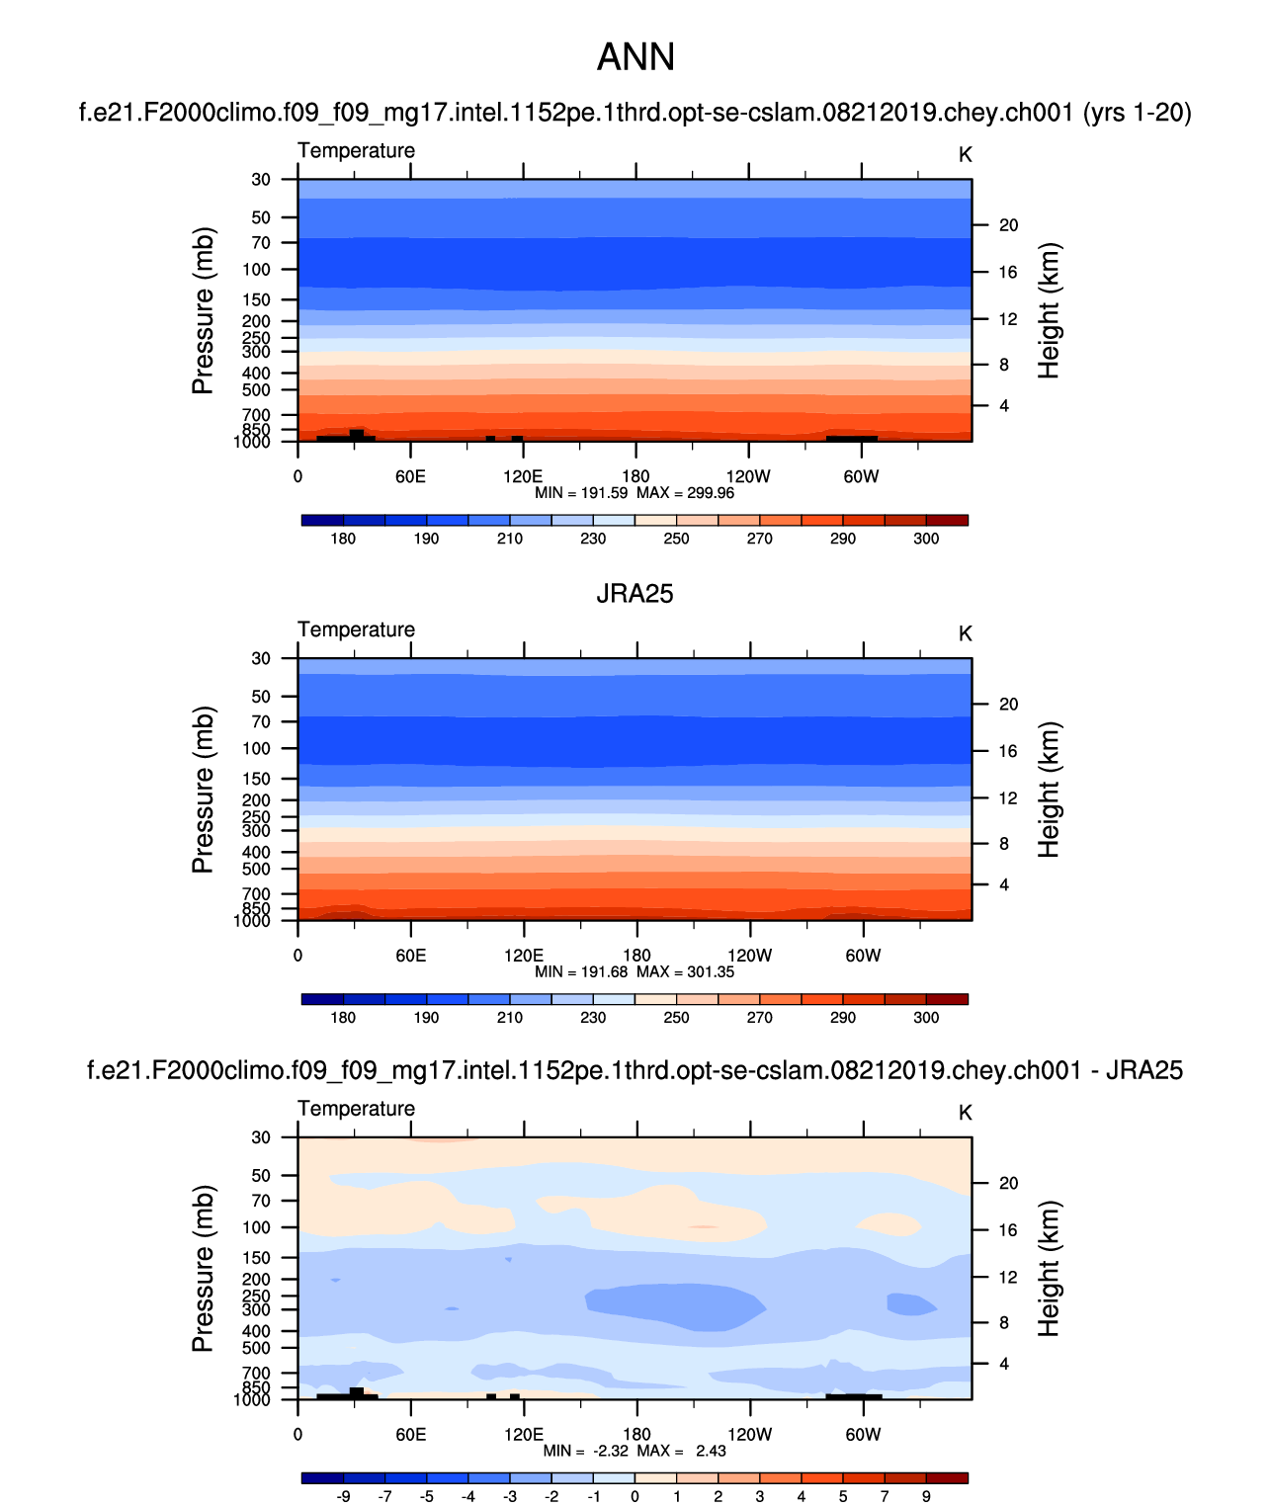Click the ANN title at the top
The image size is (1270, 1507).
pyautogui.click(x=635, y=57)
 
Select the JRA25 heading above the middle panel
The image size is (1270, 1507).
pyautogui.click(x=635, y=593)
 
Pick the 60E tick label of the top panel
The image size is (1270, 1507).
pyautogui.click(x=410, y=476)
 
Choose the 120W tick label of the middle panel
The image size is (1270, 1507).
pyautogui.click(x=749, y=956)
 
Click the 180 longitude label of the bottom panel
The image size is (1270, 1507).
pyautogui.click(x=636, y=1434)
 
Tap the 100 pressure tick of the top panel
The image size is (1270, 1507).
pyautogui.click(x=256, y=269)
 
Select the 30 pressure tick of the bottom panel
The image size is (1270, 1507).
pyautogui.click(x=260, y=1137)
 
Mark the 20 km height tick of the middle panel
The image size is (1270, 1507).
pyautogui.click(x=1008, y=705)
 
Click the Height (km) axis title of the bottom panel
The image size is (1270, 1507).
pyautogui.click(x=1049, y=1269)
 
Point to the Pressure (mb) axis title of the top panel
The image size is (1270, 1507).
pyautogui.click(x=203, y=311)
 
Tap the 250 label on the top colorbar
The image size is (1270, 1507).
pyautogui.click(x=676, y=539)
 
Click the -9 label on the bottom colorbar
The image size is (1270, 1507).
pyautogui.click(x=343, y=1496)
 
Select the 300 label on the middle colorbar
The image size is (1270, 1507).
pyautogui.click(x=926, y=1018)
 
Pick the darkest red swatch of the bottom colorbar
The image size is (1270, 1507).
pyautogui.click(x=947, y=1478)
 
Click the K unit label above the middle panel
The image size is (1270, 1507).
pyautogui.click(x=966, y=633)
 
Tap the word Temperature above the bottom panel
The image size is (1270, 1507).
pyautogui.click(x=356, y=1108)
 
